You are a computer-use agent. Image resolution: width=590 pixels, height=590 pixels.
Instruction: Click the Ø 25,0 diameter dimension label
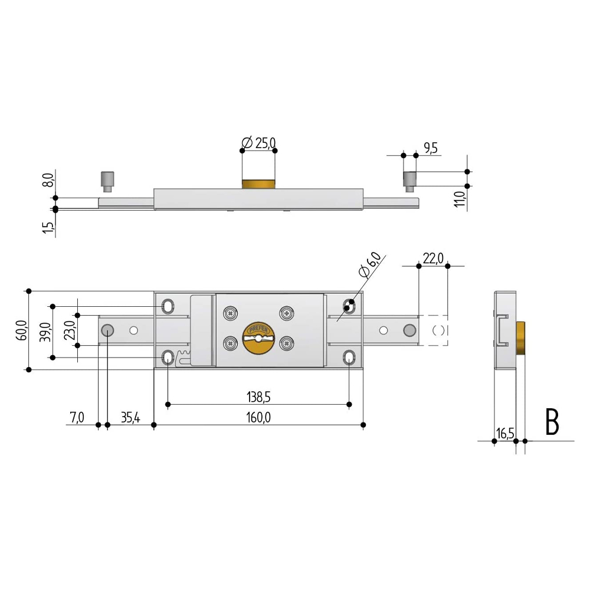258,143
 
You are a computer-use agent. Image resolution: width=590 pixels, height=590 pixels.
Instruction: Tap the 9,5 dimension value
431,148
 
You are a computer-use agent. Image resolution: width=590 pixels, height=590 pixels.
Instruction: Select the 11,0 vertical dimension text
460,199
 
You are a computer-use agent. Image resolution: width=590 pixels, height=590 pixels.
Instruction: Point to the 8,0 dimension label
48,180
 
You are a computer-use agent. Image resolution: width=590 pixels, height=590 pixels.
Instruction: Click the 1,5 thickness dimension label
48,227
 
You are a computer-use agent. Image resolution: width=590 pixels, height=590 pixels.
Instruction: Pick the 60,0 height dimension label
22,331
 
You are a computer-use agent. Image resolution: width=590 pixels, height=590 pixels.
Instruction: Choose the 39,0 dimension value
45,332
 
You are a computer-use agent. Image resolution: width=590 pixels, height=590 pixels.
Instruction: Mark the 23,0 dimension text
70,330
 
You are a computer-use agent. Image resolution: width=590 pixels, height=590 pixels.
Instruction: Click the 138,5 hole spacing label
258,396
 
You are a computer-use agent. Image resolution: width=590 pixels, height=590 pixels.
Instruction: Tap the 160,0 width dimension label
258,417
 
